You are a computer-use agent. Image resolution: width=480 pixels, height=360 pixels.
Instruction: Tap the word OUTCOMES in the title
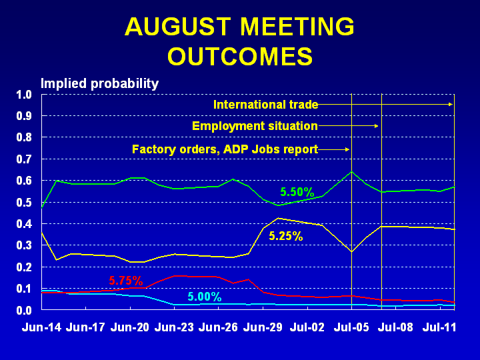point(240,56)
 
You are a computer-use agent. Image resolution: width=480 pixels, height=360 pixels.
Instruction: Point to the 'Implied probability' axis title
point(100,83)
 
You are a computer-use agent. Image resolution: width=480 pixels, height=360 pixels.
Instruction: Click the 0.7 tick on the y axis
point(24,159)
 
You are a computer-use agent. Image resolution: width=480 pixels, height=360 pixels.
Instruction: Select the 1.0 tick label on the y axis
point(24,95)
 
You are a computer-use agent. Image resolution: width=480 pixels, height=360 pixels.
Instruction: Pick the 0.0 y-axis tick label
point(24,311)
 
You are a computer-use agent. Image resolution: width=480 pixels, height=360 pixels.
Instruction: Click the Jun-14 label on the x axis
point(41,327)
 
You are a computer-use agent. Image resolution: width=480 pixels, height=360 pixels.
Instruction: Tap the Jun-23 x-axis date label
point(174,327)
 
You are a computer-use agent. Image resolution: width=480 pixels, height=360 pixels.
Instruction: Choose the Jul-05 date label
point(351,327)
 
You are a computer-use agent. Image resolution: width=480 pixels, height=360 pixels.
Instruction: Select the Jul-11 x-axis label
point(439,327)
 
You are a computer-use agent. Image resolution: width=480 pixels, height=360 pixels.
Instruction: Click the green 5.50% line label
point(297,192)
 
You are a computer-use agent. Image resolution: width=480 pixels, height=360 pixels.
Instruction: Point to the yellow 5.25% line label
point(286,236)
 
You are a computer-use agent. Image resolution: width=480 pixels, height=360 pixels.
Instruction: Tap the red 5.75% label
point(126,281)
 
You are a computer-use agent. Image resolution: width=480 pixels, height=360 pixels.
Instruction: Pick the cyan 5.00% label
point(205,297)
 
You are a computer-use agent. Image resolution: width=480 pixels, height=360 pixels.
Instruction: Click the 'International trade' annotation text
point(266,105)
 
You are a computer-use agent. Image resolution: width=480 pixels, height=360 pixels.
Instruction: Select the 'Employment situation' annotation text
point(255,126)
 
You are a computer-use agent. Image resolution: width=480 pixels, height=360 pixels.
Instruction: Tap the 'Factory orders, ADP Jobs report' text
point(225,149)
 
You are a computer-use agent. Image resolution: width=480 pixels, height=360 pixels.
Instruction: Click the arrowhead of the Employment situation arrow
point(377,126)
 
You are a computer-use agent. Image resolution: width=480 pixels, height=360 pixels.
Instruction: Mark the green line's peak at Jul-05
point(352,171)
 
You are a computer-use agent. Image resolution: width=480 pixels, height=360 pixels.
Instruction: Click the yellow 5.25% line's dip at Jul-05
point(352,252)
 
